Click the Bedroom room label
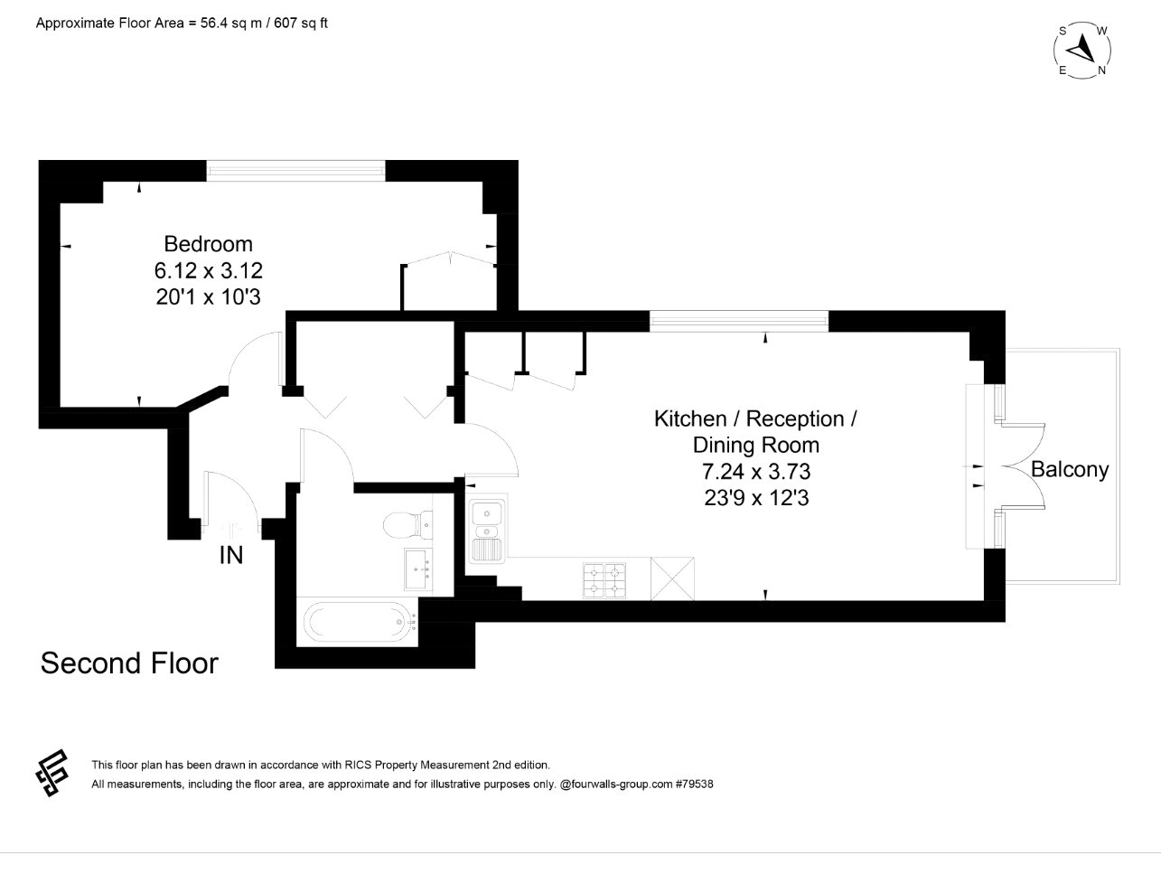point(208,244)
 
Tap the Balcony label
point(1070,470)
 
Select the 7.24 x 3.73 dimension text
point(756,471)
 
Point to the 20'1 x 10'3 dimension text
point(208,296)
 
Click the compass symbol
point(1082,51)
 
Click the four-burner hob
point(604,581)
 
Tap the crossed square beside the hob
point(672,580)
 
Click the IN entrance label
point(231,556)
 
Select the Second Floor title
point(129,663)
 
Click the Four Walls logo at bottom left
point(52,773)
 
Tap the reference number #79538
point(694,785)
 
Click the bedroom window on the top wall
point(295,170)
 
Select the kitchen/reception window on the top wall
point(738,320)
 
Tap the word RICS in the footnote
point(359,765)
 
